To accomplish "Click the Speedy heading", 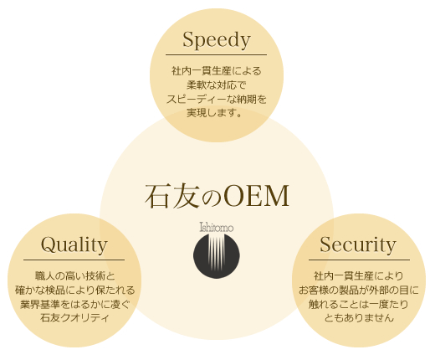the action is point(217,40).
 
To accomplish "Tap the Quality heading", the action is point(74,245).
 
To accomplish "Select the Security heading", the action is point(358,245).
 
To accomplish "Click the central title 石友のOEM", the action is point(217,196).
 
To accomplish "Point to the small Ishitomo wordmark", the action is point(217,227).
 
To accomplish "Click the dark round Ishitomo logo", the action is point(217,256).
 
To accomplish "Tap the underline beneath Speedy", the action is point(216,55).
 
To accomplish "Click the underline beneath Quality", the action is point(74,260).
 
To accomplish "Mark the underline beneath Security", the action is point(359,260).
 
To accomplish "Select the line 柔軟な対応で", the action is point(217,85).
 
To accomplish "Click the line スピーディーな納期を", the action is point(217,99).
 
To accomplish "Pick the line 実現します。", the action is point(214,113).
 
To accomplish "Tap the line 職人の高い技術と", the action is point(75,276).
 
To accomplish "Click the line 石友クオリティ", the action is point(74,318).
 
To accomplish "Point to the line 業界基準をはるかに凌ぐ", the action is point(75,304).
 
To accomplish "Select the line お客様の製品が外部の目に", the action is point(359,290).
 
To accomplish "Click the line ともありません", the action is point(359,318).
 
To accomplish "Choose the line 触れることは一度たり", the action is point(359,304).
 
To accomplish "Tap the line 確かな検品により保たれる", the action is point(75,290).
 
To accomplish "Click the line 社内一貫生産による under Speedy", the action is point(217,71).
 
